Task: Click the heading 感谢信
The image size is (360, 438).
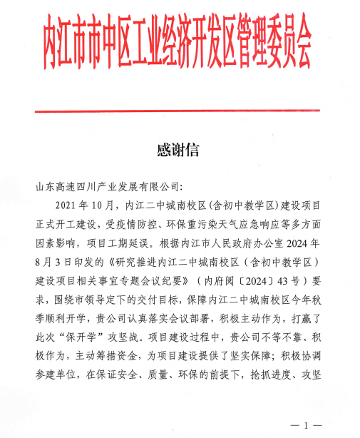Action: coord(180,151)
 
